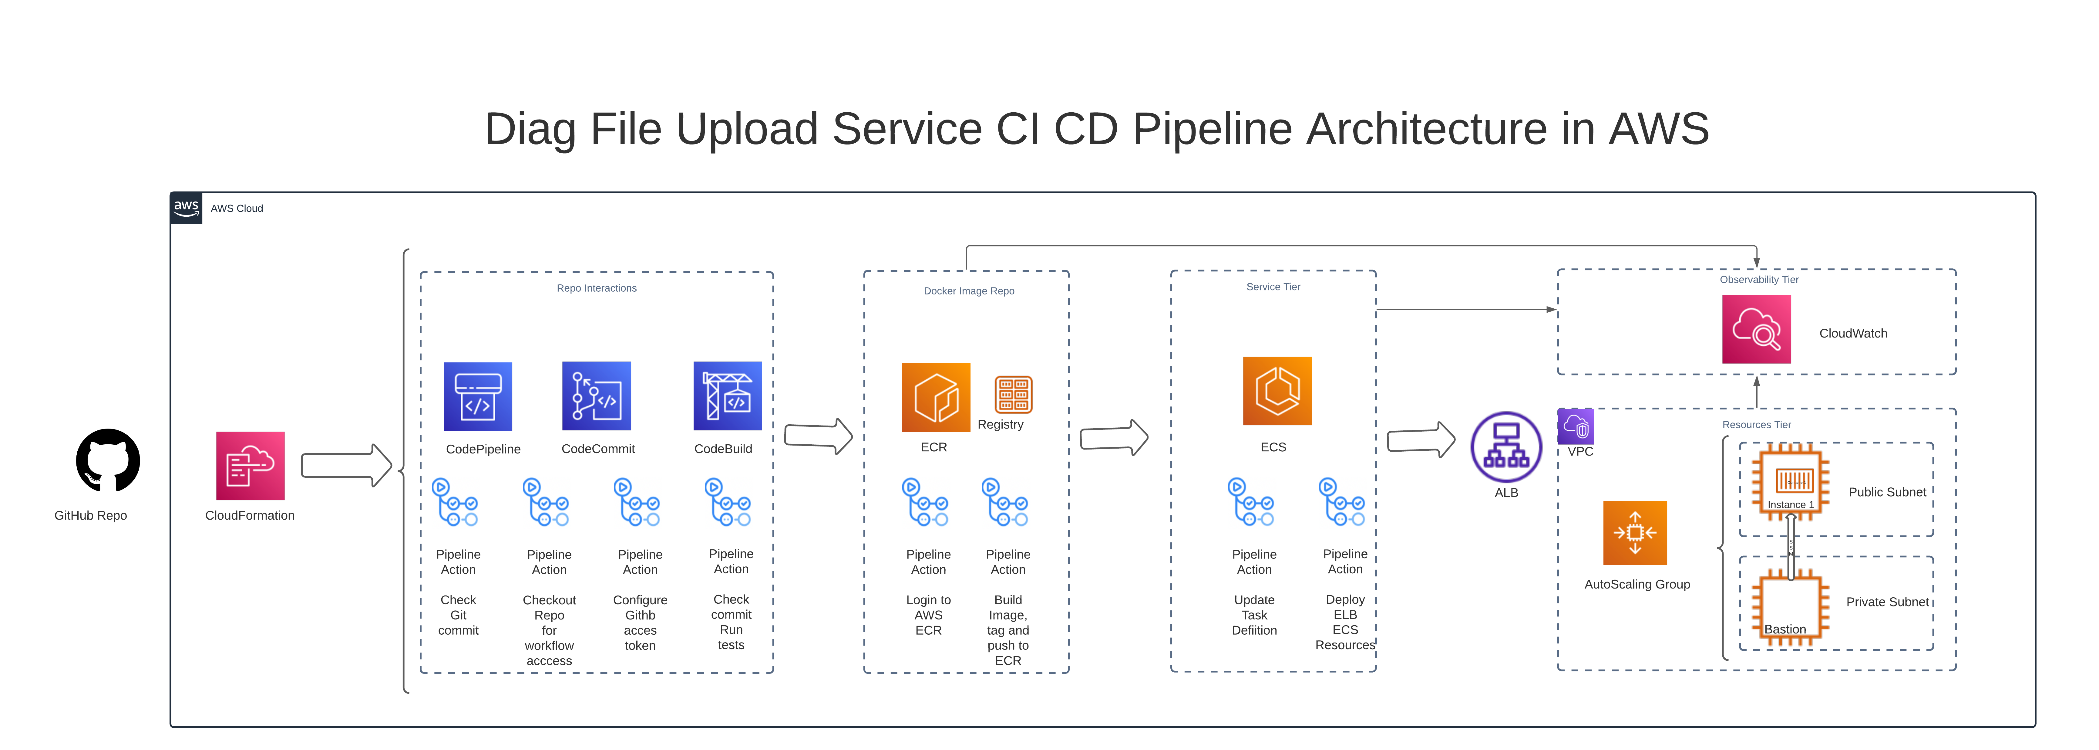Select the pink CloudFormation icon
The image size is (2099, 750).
[250, 466]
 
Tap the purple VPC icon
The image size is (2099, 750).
[1576, 426]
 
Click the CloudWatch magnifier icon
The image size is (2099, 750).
[1756, 329]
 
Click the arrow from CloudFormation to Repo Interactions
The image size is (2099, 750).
[346, 466]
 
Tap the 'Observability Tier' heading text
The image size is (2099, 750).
[1758, 280]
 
